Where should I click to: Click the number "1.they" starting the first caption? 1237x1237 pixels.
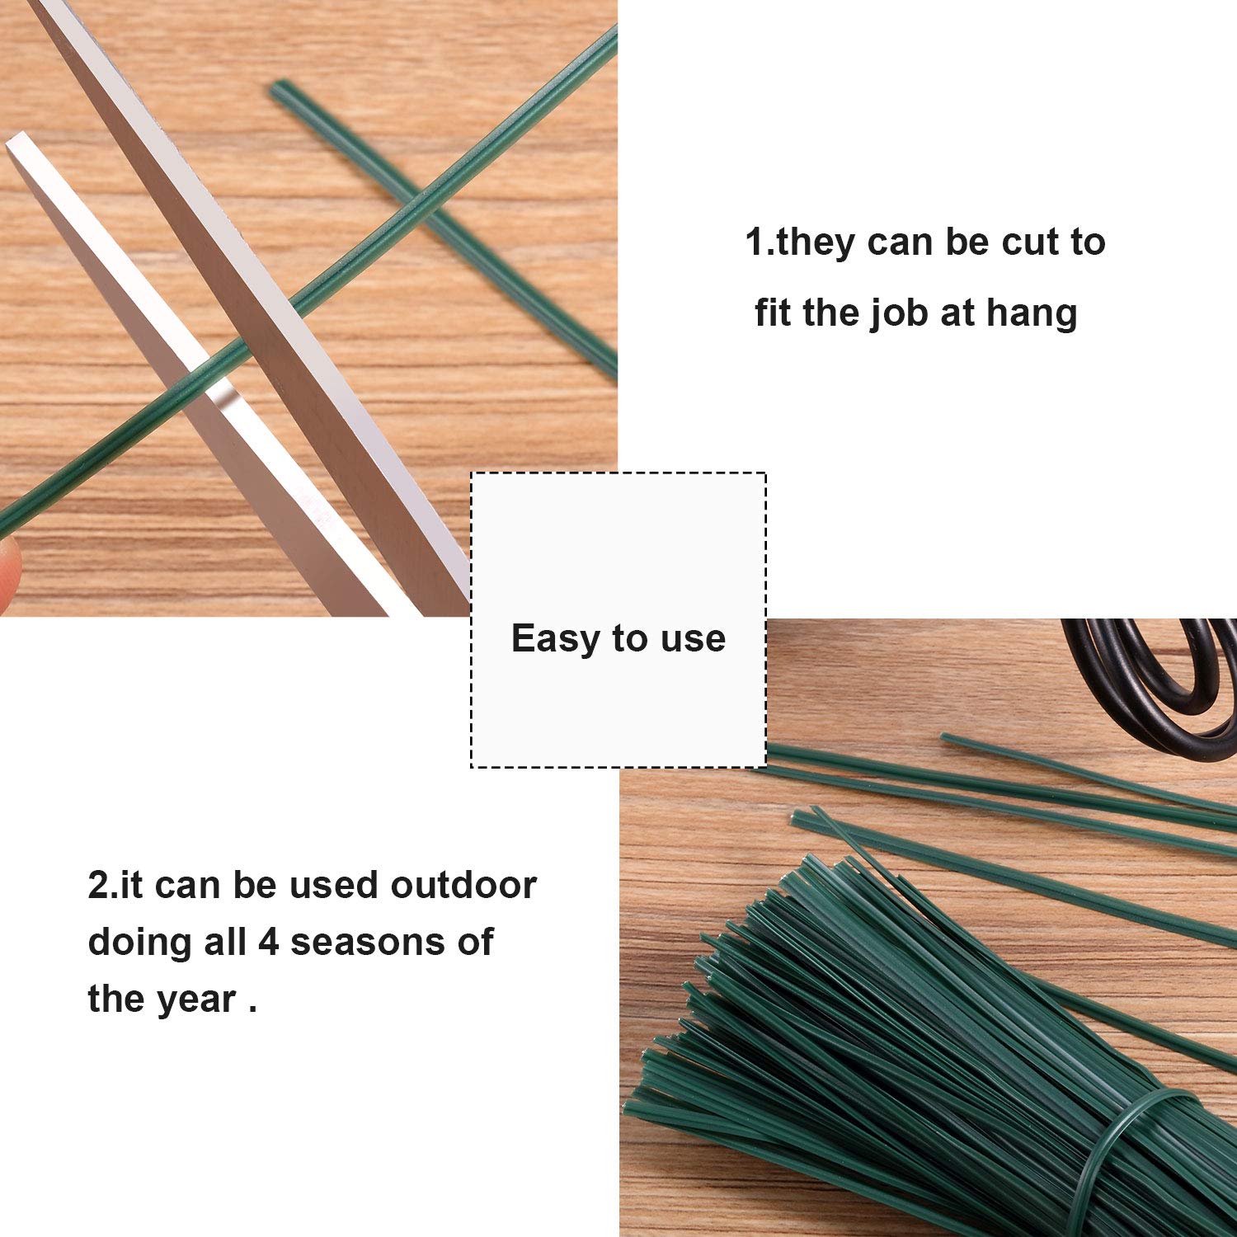pyautogui.click(x=800, y=243)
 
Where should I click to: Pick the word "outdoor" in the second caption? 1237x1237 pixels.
pyautogui.click(x=463, y=885)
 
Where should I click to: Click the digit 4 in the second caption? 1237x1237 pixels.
pyautogui.click(x=269, y=942)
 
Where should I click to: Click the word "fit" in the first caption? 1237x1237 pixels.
pyautogui.click(x=772, y=313)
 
